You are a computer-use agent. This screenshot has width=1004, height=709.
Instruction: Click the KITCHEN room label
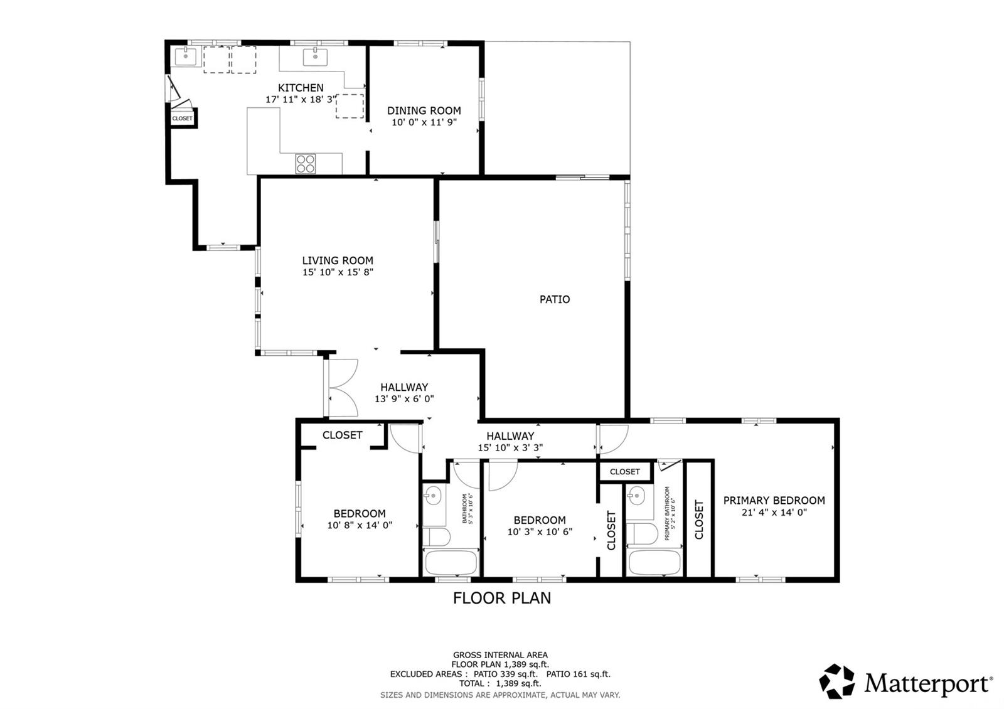pyautogui.click(x=301, y=88)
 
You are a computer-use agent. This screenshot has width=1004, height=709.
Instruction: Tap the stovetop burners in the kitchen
pyautogui.click(x=305, y=164)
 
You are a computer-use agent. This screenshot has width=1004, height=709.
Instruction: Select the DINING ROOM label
pyautogui.click(x=424, y=110)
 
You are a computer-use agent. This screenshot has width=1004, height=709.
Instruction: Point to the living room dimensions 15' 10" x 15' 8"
pyautogui.click(x=338, y=272)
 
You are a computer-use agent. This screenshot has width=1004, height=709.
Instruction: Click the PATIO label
pyautogui.click(x=555, y=299)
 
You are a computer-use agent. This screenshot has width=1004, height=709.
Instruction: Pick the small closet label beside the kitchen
pyautogui.click(x=182, y=119)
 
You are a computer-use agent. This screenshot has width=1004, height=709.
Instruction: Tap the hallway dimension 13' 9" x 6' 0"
pyautogui.click(x=404, y=399)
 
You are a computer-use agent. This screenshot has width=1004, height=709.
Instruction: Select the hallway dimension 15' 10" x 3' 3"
pyautogui.click(x=511, y=447)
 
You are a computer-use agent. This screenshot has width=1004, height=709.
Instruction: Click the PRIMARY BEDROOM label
pyautogui.click(x=774, y=501)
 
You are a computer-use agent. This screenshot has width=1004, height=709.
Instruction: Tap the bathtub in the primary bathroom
pyautogui.click(x=655, y=562)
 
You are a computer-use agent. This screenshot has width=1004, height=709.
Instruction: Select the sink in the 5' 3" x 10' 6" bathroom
pyautogui.click(x=433, y=496)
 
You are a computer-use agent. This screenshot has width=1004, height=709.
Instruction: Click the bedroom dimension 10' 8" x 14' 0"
pyautogui.click(x=360, y=525)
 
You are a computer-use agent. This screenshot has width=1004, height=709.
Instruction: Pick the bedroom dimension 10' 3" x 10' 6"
pyautogui.click(x=540, y=532)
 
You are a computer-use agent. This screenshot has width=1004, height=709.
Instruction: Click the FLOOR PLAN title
pyautogui.click(x=502, y=599)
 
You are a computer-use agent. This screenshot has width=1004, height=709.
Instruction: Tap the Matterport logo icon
pyautogui.click(x=837, y=681)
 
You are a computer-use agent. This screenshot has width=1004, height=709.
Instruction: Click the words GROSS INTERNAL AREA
pyautogui.click(x=500, y=655)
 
